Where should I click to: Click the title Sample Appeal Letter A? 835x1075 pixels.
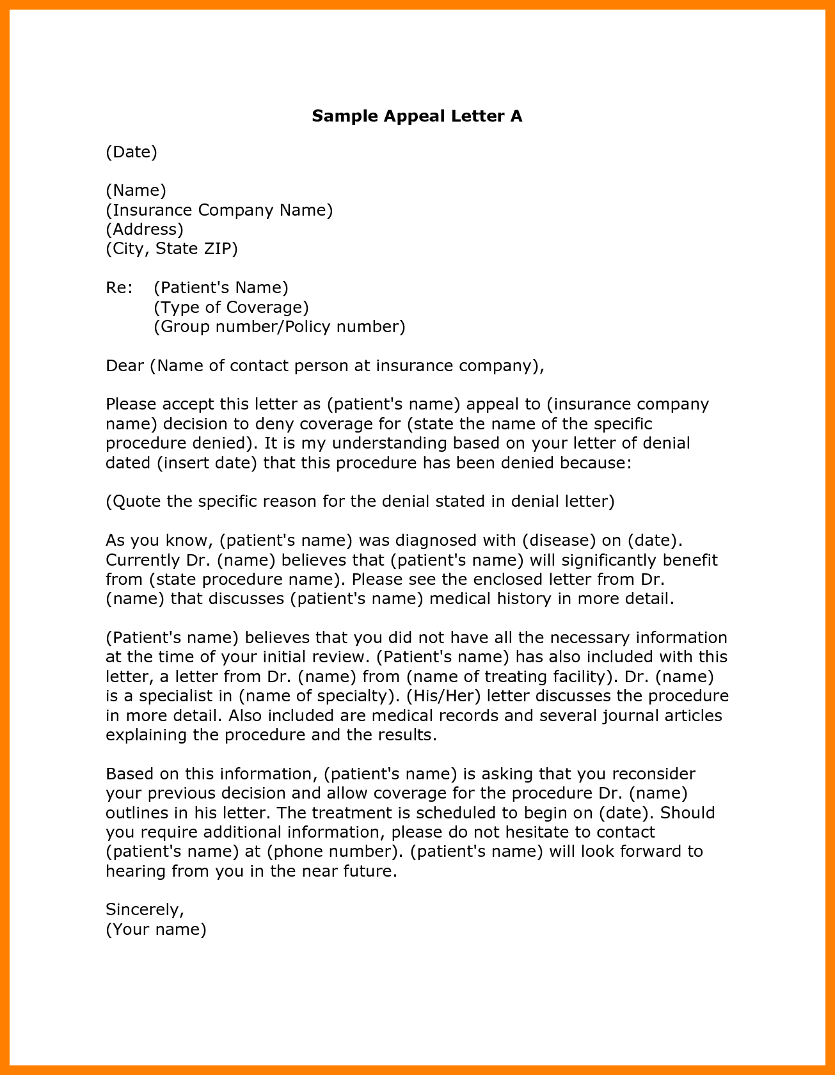pyautogui.click(x=417, y=116)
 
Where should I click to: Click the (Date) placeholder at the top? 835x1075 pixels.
pyautogui.click(x=131, y=152)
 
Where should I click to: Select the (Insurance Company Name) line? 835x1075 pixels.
pyautogui.click(x=219, y=210)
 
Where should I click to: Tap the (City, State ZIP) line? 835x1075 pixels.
pyautogui.click(x=171, y=248)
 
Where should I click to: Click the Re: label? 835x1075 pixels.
pyautogui.click(x=119, y=287)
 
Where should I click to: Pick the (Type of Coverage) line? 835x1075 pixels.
pyautogui.click(x=231, y=307)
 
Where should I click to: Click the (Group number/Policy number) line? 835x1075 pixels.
pyautogui.click(x=280, y=326)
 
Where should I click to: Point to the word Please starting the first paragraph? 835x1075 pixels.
pyautogui.click(x=131, y=404)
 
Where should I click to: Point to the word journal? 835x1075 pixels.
pyautogui.click(x=628, y=715)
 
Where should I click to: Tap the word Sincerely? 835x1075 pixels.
pyautogui.click(x=145, y=909)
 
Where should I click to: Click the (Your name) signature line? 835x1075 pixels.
pyautogui.click(x=156, y=929)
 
